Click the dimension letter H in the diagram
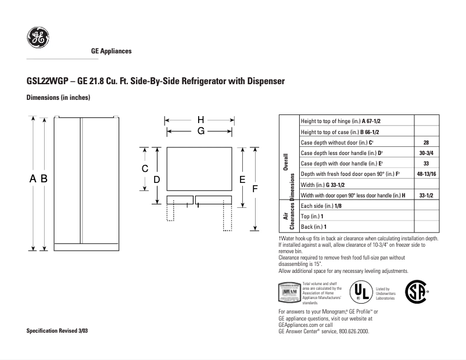pos(200,120)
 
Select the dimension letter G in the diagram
pos(200,131)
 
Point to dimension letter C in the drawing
pos(145,168)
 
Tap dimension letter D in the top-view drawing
pos(156,180)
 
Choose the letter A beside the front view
pos(33,179)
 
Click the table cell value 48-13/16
pos(426,174)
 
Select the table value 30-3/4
pos(426,153)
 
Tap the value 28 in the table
pos(426,142)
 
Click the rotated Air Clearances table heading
pos(288,216)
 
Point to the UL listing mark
pos(361,292)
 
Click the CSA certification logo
pos(416,291)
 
